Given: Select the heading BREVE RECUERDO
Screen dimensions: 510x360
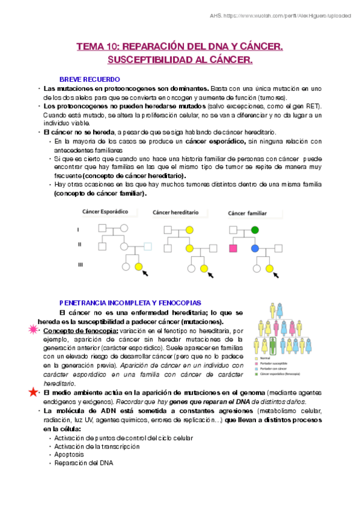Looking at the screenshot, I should click(x=90, y=79).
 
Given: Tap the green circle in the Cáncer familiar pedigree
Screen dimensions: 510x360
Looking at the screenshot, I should click(x=255, y=229).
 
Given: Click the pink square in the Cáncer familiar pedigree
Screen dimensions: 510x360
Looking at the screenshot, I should click(x=234, y=248).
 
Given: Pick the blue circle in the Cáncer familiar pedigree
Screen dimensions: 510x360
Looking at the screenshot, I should click(x=255, y=248).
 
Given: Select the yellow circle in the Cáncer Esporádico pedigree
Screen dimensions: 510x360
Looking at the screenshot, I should click(x=139, y=266).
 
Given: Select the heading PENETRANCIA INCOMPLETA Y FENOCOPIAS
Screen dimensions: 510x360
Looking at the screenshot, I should click(x=130, y=303).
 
